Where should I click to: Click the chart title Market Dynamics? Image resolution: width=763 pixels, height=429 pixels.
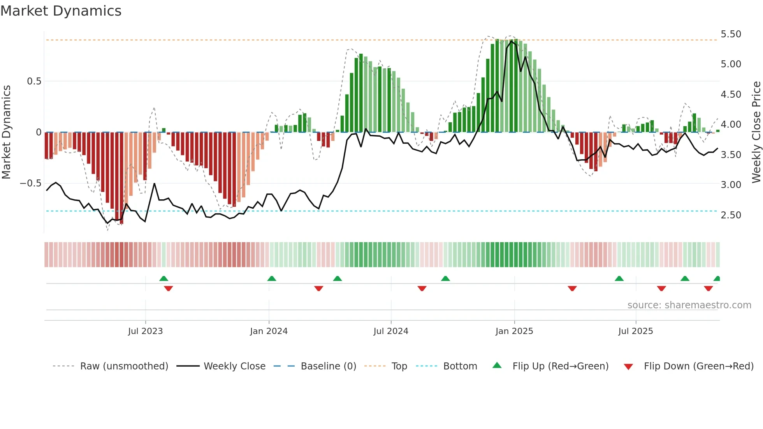pyautogui.click(x=61, y=11)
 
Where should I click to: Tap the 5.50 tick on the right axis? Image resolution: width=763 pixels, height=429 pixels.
pyautogui.click(x=731, y=34)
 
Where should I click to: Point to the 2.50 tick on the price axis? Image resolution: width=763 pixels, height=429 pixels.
pyautogui.click(x=731, y=215)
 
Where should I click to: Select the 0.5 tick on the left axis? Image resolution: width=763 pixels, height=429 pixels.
pyautogui.click(x=34, y=81)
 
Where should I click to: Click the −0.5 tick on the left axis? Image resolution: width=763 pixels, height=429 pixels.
pyautogui.click(x=31, y=183)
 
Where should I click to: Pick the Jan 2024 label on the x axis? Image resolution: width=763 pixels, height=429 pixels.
pyautogui.click(x=269, y=331)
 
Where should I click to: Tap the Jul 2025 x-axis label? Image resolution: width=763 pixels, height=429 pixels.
pyautogui.click(x=635, y=331)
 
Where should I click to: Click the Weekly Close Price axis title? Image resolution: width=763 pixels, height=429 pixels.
pyautogui.click(x=756, y=132)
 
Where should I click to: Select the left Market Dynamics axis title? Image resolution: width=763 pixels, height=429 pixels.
pyautogui.click(x=7, y=132)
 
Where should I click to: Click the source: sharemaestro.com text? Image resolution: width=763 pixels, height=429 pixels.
pyautogui.click(x=689, y=305)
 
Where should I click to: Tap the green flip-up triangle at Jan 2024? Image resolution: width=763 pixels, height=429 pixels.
pyautogui.click(x=272, y=279)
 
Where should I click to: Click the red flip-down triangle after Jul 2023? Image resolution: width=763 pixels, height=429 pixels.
pyautogui.click(x=169, y=288)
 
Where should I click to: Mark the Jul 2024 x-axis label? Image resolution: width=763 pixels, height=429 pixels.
pyautogui.click(x=391, y=331)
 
